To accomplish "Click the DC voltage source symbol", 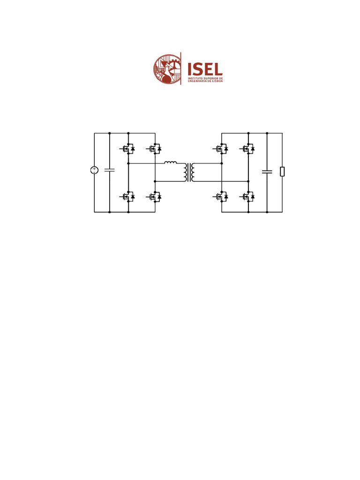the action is pos(94,171).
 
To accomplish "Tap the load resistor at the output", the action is pos(282,172).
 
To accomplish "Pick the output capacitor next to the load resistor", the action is pos(267,172).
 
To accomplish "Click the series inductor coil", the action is pos(171,164).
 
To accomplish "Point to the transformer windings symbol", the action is pos(190,172).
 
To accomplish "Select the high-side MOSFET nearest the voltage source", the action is pos(127,149).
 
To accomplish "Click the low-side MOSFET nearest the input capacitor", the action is pos(127,197).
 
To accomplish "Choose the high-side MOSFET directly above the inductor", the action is pos(154,149).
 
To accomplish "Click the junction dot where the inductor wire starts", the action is pos(128,164).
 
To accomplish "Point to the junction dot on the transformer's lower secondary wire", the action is pos(248,181).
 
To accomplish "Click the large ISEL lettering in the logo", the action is pos(205,69).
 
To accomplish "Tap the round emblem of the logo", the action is pos(167,69).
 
